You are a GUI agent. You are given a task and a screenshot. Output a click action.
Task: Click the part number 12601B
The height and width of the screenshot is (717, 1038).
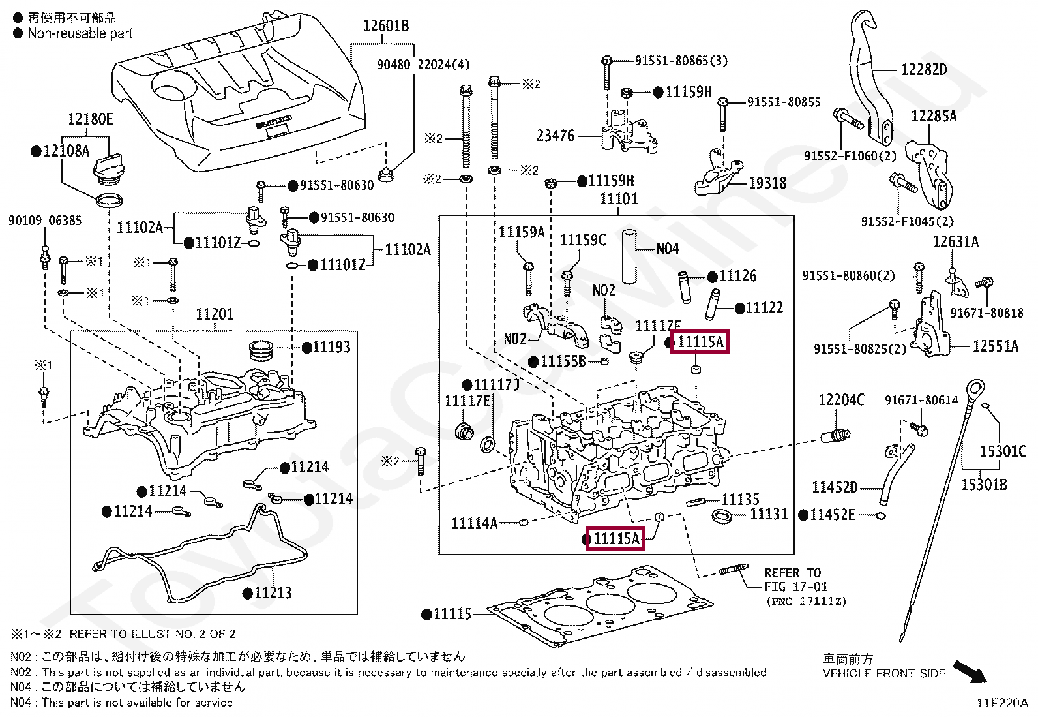(x=385, y=26)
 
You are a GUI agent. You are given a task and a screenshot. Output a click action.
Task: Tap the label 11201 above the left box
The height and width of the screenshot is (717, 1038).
(x=215, y=314)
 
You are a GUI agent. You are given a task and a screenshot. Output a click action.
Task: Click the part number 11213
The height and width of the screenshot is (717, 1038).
(x=273, y=593)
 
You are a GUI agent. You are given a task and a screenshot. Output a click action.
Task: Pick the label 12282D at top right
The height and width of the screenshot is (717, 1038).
(x=923, y=70)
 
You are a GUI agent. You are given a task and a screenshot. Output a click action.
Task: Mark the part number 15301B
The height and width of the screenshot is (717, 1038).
(x=984, y=484)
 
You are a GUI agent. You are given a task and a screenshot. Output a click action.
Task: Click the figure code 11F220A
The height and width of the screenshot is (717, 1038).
(x=1001, y=703)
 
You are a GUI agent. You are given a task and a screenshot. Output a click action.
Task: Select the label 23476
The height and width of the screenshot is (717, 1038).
(x=556, y=136)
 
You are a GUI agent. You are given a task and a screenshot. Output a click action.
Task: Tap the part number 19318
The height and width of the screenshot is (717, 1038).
(x=767, y=183)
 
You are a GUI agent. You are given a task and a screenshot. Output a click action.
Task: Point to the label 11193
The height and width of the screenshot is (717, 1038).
(x=331, y=347)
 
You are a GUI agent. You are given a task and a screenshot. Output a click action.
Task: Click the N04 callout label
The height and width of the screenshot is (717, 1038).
(x=668, y=249)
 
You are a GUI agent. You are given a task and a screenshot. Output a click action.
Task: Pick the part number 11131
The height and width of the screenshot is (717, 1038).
(x=769, y=514)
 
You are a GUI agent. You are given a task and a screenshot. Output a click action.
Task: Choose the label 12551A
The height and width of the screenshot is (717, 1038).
(x=995, y=346)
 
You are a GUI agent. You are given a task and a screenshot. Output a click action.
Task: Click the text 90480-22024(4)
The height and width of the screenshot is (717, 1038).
(x=423, y=65)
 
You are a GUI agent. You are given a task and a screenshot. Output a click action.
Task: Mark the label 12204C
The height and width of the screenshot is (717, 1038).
(x=841, y=400)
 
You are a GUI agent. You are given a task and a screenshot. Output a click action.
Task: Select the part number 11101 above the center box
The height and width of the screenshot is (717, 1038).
(x=618, y=199)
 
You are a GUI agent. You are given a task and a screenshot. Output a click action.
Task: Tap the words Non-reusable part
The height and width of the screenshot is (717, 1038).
(x=80, y=33)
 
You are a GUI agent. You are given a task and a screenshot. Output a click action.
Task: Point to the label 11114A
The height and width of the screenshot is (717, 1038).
(x=474, y=523)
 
